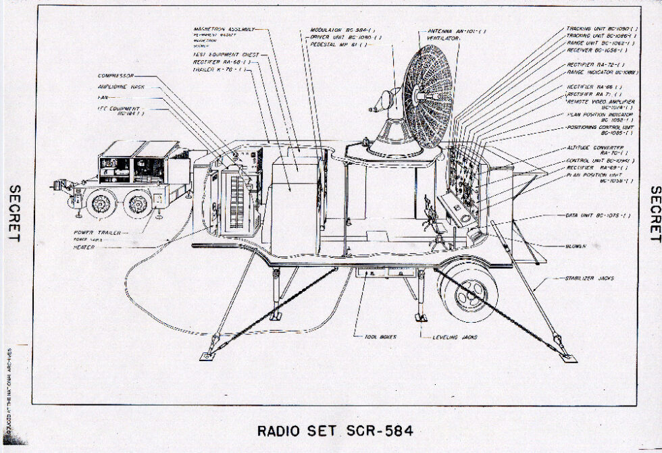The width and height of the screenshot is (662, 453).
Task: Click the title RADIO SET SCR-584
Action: click(335, 430)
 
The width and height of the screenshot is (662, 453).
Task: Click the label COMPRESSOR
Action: click(116, 76)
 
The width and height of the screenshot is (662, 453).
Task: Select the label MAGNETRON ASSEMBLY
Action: click(224, 30)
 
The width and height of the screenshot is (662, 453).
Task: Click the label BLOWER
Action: click(576, 246)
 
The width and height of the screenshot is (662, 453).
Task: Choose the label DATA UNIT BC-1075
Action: click(597, 215)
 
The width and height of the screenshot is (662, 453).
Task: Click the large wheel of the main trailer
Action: click(468, 291)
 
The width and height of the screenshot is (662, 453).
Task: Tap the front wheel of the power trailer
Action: click(102, 203)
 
